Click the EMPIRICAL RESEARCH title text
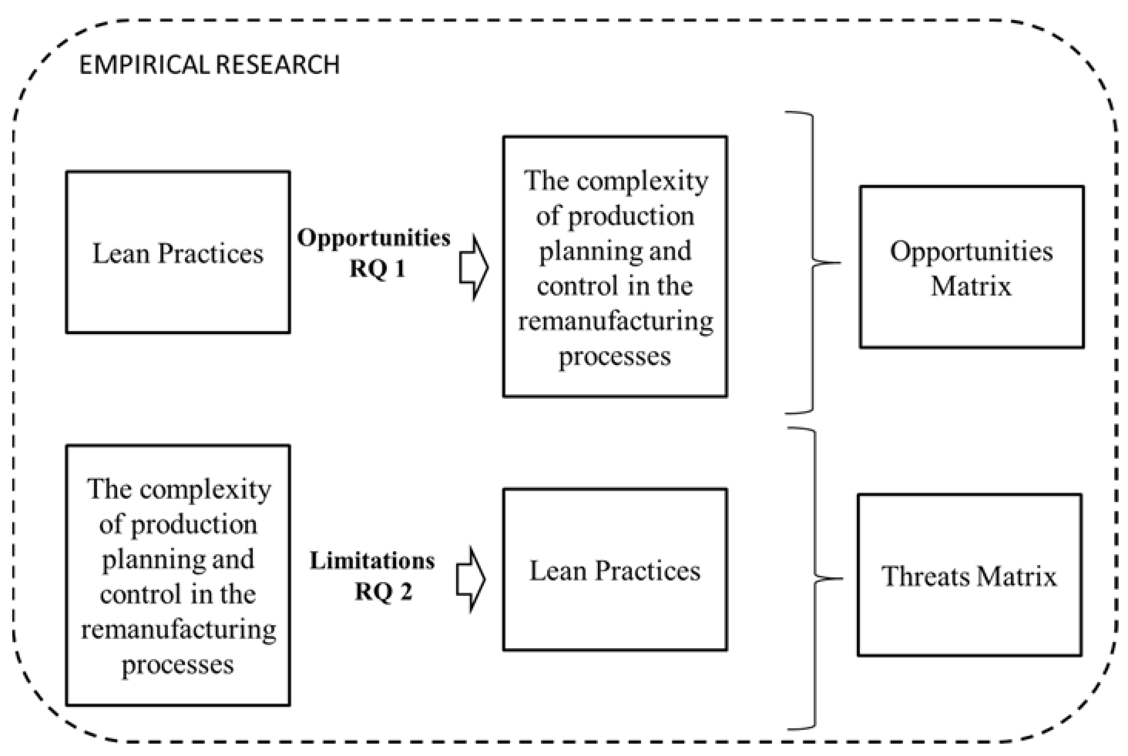point(209,65)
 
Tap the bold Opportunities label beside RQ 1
point(373,238)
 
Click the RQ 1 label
point(377,269)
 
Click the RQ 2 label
point(384,591)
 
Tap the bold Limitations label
point(372,561)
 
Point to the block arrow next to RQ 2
point(470,579)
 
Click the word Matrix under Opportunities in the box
point(971,286)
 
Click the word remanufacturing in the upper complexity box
point(615,321)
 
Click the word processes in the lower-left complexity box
point(178,666)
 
